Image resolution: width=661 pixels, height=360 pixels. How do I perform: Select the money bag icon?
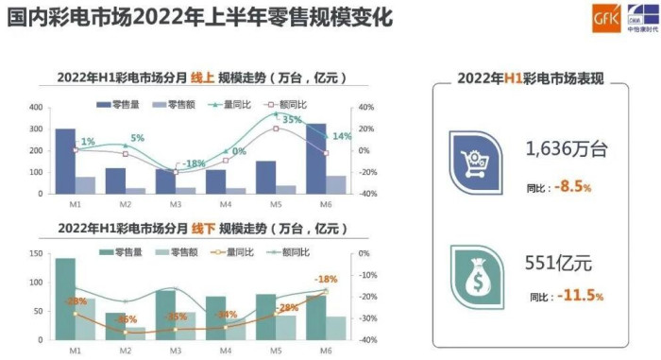pos(476,272)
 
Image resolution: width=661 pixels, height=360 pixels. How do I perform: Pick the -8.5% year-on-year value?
pos(573,187)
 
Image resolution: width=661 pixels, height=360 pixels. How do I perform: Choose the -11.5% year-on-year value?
pos(578,297)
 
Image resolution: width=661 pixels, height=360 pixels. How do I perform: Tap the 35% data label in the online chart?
pos(292,120)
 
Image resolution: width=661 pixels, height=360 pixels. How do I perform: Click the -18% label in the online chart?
pos(194,163)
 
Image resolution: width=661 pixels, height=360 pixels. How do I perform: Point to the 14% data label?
pos(342,136)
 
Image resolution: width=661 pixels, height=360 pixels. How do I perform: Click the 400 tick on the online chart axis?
pos(36,107)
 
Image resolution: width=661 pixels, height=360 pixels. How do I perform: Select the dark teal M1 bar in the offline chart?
pos(65,299)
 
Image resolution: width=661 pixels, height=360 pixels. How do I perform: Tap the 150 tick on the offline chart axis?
pos(36,255)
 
